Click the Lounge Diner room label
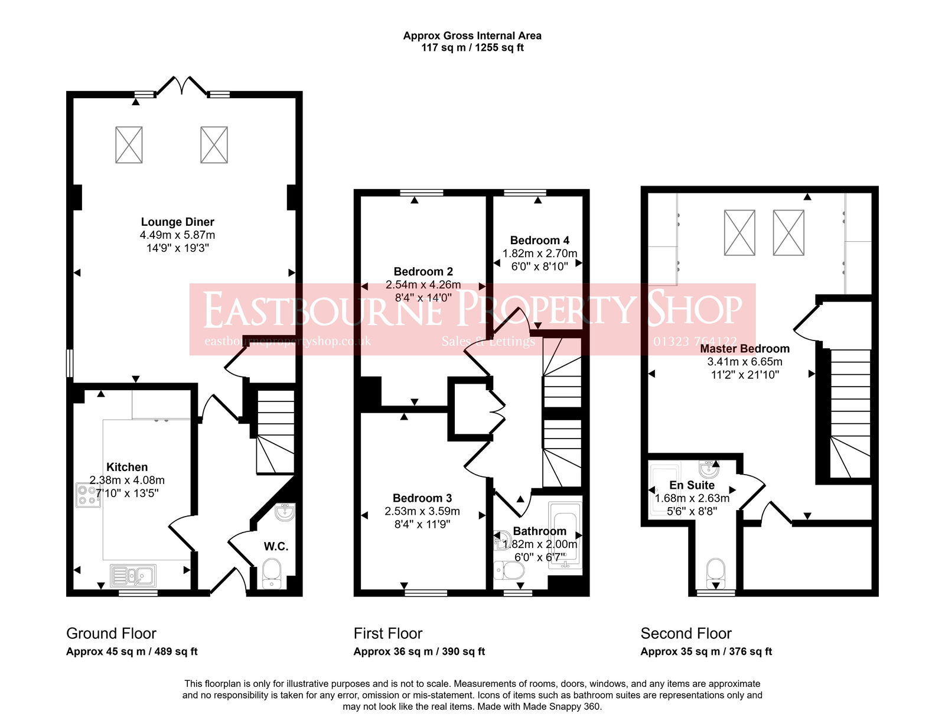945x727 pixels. pyautogui.click(x=177, y=222)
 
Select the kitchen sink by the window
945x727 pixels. pyautogui.click(x=133, y=575)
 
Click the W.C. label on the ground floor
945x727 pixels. pyautogui.click(x=276, y=547)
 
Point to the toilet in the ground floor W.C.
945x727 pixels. pyautogui.click(x=272, y=573)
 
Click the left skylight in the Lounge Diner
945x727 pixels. pyautogui.click(x=129, y=145)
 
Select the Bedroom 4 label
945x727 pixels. pyautogui.click(x=539, y=241)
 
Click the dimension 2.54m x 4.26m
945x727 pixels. pyautogui.click(x=423, y=285)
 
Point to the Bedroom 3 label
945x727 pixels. pyautogui.click(x=422, y=498)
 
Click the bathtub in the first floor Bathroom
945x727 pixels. pyautogui.click(x=565, y=535)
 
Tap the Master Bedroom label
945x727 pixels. pyautogui.click(x=744, y=349)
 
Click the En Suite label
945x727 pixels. pyautogui.click(x=692, y=485)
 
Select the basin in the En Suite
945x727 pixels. pyautogui.click(x=709, y=470)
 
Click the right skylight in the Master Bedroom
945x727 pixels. pyautogui.click(x=788, y=233)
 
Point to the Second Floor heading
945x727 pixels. pyautogui.click(x=686, y=634)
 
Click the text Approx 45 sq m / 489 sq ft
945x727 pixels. pyautogui.click(x=132, y=652)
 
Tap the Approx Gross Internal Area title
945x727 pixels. pyautogui.click(x=472, y=36)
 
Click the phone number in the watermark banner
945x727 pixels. pyautogui.click(x=695, y=342)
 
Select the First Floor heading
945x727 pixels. pyautogui.click(x=388, y=634)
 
